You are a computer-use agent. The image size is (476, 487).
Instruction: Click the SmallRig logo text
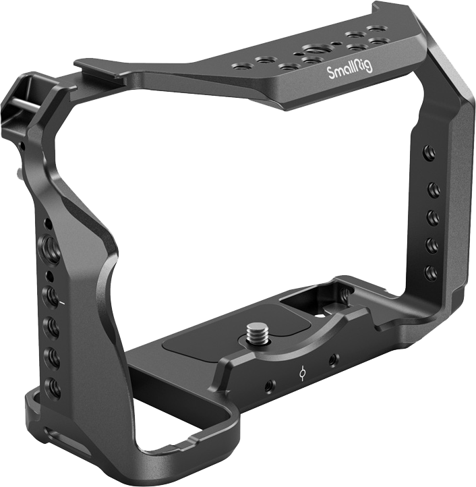tap(350, 69)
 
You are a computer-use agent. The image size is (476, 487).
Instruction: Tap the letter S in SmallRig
tap(331, 74)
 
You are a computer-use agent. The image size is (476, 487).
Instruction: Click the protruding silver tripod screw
tap(257, 333)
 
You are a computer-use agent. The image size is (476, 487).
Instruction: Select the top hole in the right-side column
tap(429, 153)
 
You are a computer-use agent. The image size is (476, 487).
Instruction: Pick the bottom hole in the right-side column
tap(432, 273)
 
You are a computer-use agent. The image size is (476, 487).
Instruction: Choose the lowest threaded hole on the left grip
tap(53, 387)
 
